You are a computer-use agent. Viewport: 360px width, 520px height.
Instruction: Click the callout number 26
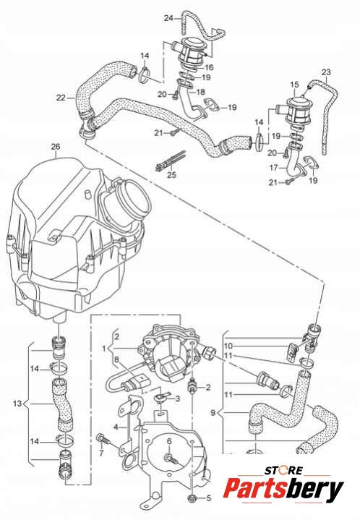coord(56,147)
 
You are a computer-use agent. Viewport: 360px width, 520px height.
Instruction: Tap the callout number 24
coord(168,18)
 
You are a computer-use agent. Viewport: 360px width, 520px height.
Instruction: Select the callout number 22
coord(61,98)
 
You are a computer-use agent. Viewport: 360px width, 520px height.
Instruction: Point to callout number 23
coord(326,72)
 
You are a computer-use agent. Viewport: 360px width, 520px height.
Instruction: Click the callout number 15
coord(295,85)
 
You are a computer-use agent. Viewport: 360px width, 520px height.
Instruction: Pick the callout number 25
coord(172,174)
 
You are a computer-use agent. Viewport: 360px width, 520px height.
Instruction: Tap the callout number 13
coord(17,404)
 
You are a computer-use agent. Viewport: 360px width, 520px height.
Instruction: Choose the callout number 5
coord(208,498)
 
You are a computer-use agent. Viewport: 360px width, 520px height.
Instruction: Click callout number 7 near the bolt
coord(102,452)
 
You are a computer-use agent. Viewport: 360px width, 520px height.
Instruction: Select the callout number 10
coord(228,346)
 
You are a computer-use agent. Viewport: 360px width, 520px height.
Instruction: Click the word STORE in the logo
coord(284,471)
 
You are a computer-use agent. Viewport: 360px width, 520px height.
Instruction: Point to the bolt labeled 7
coord(103,440)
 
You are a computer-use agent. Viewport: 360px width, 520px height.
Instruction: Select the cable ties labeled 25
coord(171,161)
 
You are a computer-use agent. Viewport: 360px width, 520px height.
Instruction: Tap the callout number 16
coord(209,68)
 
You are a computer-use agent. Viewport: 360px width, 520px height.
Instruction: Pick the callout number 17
coord(273,168)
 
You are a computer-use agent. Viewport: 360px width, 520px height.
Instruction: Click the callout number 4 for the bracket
coord(116,427)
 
